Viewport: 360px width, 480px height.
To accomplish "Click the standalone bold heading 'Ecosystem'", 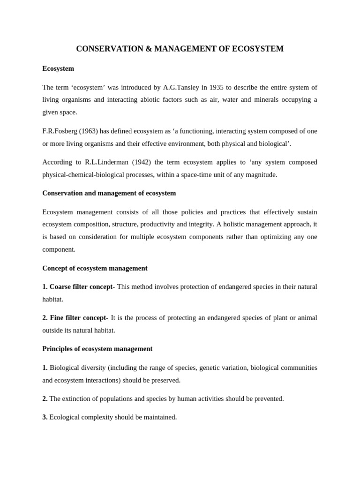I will [x=58, y=68].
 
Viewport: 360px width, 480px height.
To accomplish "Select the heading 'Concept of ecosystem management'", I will [x=95, y=268].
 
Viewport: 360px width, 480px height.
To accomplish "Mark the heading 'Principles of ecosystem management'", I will [x=97, y=349].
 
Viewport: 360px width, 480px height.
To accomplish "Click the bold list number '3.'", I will [x=45, y=417].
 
